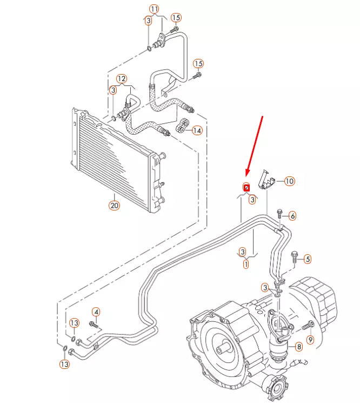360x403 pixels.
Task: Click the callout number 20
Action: click(x=114, y=206)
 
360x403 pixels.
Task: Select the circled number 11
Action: click(x=155, y=9)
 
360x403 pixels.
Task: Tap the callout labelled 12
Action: click(x=121, y=78)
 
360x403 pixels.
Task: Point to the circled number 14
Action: click(x=197, y=130)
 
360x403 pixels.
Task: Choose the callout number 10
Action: click(x=289, y=181)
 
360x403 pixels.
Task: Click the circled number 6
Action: click(x=292, y=216)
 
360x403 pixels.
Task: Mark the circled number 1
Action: click(x=246, y=265)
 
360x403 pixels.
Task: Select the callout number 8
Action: click(x=298, y=346)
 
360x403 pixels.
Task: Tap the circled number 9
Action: click(x=310, y=340)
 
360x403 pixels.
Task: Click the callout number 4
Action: click(x=96, y=312)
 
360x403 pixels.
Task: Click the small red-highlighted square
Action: click(x=246, y=187)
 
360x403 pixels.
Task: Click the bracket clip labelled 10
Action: click(x=267, y=180)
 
